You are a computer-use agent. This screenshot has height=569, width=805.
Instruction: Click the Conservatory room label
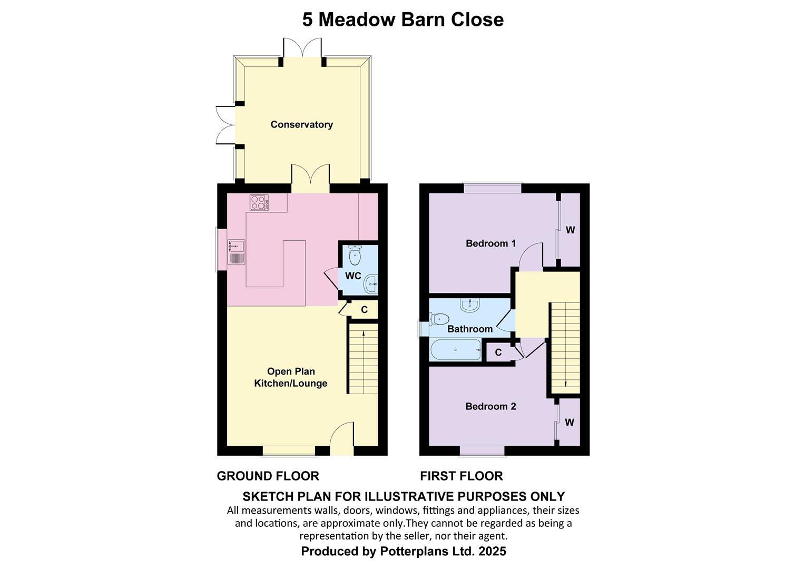coord(301,124)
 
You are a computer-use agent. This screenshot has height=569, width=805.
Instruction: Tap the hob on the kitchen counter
coord(259,202)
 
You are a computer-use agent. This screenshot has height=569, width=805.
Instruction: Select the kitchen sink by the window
coord(236,252)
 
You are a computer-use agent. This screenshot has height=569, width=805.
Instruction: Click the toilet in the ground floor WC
coord(355,255)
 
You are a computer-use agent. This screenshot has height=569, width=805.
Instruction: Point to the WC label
coord(353,276)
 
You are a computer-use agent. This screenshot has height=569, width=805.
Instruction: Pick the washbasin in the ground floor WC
coord(371,284)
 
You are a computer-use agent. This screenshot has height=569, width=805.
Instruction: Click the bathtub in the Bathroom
coord(456,349)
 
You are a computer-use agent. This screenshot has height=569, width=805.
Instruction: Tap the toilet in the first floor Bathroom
coord(439,319)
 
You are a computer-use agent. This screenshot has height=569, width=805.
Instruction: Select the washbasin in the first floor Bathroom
coord(470,305)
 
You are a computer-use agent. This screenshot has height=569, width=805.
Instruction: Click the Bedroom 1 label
coord(490,243)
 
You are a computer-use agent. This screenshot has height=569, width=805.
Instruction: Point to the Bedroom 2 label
coord(490,406)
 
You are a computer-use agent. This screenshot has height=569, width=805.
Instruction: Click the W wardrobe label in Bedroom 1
coord(571,230)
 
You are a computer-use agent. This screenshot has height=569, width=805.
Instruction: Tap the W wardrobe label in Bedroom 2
coord(570,422)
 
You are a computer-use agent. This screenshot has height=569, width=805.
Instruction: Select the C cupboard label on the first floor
coord(498,352)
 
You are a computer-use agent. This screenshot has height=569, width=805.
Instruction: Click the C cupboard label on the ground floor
coord(365,309)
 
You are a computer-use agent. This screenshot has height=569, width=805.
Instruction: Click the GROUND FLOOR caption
coord(268,476)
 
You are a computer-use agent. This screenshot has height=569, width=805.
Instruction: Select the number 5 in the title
coord(307,20)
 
